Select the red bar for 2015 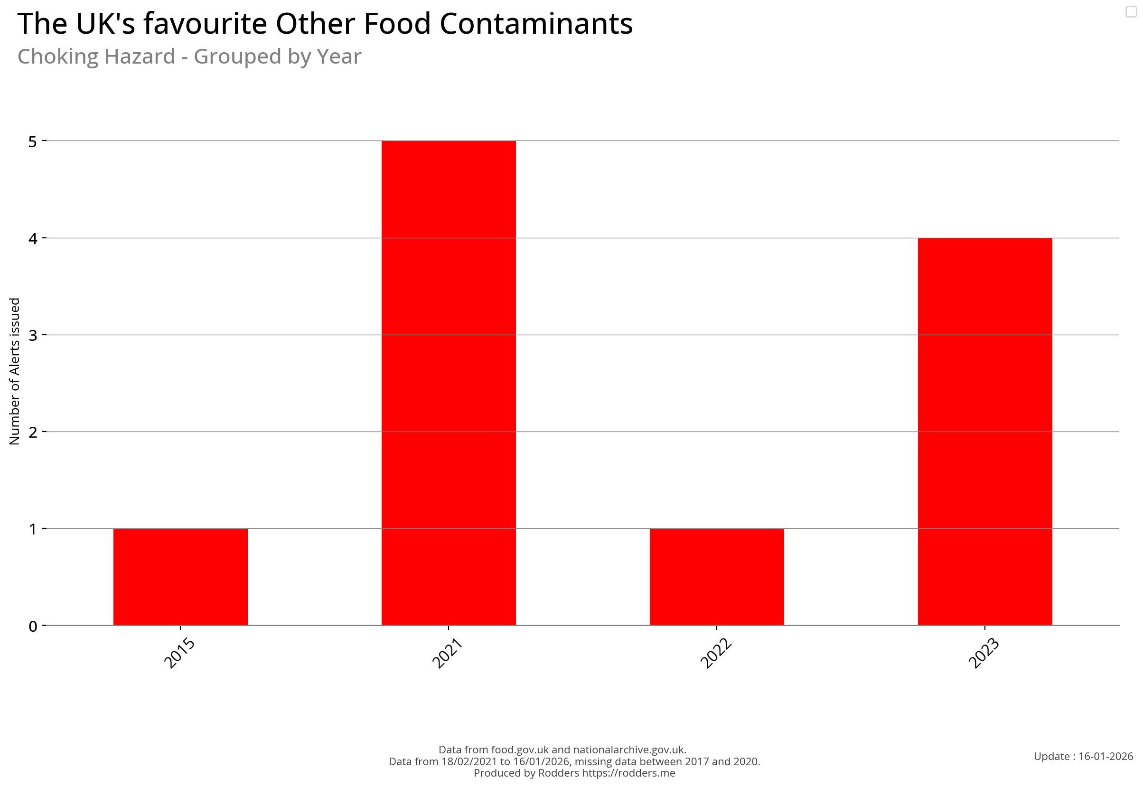pyautogui.click(x=180, y=576)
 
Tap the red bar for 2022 pyautogui.click(x=716, y=576)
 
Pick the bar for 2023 pyautogui.click(x=984, y=431)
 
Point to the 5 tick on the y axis pyautogui.click(x=33, y=142)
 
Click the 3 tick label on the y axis pyautogui.click(x=33, y=335)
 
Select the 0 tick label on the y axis pyautogui.click(x=33, y=627)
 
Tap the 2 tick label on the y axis pyautogui.click(x=33, y=432)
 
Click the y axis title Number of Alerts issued pyautogui.click(x=15, y=371)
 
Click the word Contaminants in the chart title pyautogui.click(x=536, y=24)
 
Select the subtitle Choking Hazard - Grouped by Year pyautogui.click(x=189, y=57)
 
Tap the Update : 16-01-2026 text pyautogui.click(x=1083, y=756)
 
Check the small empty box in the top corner pyautogui.click(x=1131, y=11)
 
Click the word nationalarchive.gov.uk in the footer pyautogui.click(x=629, y=750)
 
